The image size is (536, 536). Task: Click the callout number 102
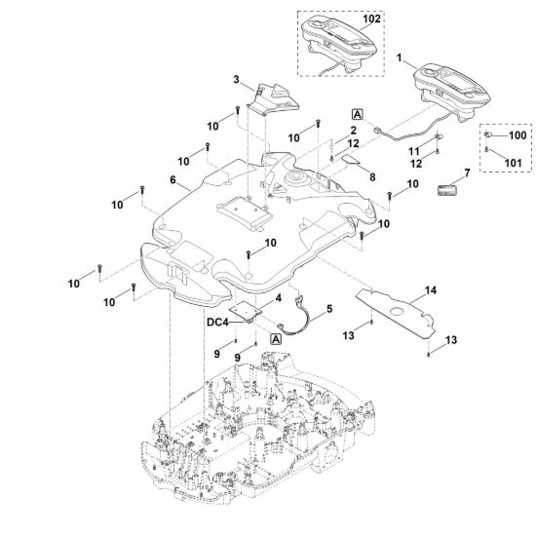point(371,19)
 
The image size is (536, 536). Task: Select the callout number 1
point(399,57)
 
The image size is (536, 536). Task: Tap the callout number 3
point(236,80)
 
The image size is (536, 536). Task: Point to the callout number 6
point(172,180)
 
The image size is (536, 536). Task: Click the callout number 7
point(467,172)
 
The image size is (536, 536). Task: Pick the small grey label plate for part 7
point(447,190)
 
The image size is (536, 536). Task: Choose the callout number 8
point(372,177)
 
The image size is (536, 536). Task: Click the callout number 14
point(431,290)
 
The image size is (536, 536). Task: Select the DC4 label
point(217,322)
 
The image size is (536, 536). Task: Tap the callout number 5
point(329,309)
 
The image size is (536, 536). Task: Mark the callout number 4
point(279,298)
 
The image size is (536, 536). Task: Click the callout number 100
point(517,135)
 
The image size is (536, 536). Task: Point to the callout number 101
point(513,163)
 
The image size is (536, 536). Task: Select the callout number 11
point(414,151)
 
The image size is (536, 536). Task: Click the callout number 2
point(353,131)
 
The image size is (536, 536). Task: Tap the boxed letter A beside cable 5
point(276,339)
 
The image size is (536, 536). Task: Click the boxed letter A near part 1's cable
point(358,115)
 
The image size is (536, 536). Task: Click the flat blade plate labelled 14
point(396,314)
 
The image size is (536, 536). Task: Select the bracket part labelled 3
point(273,99)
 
